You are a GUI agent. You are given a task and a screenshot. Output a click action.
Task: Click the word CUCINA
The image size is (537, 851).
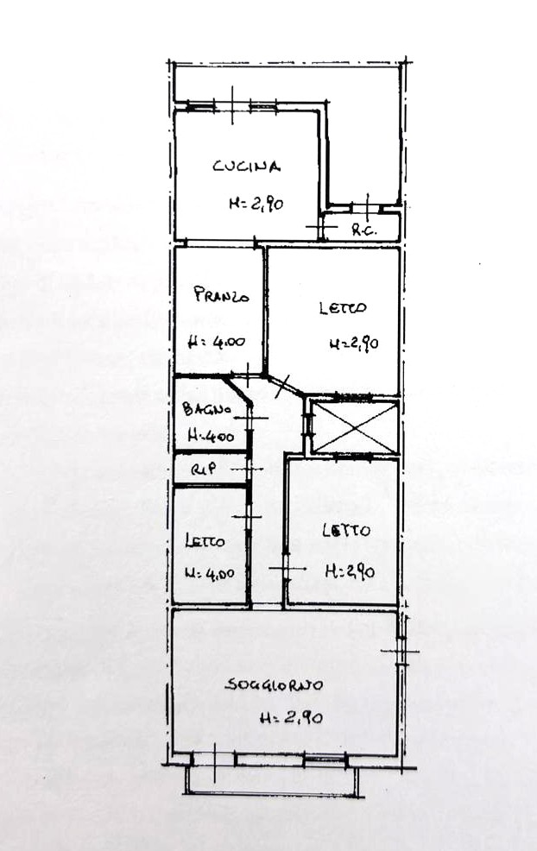click(247, 166)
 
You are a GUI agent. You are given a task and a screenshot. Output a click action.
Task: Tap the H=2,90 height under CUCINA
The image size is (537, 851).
click(256, 204)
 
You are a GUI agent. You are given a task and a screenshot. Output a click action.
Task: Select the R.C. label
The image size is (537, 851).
click(364, 230)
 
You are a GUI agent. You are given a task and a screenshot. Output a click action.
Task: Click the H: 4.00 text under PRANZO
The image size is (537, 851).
click(216, 342)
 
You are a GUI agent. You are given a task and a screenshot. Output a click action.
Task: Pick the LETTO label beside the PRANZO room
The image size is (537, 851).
click(343, 308)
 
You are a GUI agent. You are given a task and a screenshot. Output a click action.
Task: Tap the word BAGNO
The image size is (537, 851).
click(207, 409)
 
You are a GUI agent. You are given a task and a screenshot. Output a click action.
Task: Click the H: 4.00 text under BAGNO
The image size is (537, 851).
click(211, 435)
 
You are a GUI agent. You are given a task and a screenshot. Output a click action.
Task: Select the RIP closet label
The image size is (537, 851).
click(204, 469)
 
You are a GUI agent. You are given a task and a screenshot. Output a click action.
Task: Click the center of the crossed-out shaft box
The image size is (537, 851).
click(355, 427)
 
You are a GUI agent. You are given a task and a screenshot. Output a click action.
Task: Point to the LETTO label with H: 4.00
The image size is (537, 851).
click(205, 540)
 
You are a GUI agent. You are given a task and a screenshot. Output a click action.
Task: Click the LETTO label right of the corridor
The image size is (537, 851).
click(346, 530)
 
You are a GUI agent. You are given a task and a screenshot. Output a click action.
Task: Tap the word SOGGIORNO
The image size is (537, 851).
click(274, 684)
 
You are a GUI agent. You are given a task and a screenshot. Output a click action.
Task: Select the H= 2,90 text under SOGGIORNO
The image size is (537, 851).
click(291, 718)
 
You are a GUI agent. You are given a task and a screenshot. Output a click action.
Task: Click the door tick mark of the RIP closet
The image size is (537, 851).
click(247, 469)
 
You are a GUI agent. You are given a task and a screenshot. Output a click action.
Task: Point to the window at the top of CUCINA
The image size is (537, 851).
click(232, 106)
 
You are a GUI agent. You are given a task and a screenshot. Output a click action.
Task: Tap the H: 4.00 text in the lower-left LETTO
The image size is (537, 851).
click(210, 573)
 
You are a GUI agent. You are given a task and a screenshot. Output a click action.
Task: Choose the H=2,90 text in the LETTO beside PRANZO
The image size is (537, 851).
click(354, 344)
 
